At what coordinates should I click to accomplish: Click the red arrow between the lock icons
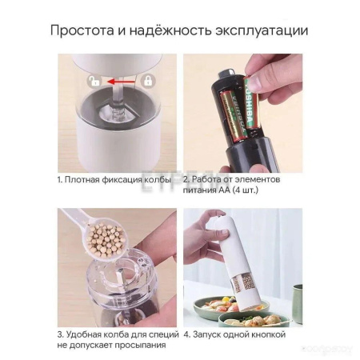(120, 81)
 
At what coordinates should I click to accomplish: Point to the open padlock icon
(95, 81)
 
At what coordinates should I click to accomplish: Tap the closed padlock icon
(147, 81)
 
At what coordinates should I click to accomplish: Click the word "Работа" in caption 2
(210, 180)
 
